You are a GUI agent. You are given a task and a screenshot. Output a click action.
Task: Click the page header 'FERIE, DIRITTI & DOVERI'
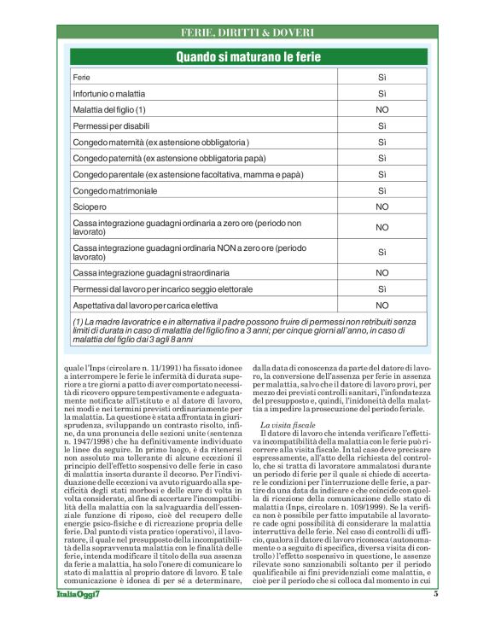point(247,32)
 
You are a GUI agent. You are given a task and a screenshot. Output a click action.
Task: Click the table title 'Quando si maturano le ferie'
point(247,57)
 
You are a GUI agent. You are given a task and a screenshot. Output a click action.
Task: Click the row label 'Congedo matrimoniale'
point(115,190)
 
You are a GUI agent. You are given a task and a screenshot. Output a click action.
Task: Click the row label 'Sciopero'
point(88,207)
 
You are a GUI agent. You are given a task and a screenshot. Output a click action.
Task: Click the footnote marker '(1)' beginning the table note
point(79,321)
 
